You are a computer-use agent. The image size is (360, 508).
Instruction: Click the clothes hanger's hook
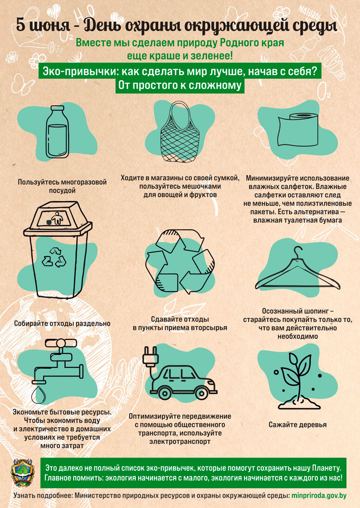point(298,253)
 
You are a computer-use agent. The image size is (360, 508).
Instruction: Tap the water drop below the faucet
point(38,394)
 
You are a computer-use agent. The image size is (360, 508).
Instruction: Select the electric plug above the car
point(151,356)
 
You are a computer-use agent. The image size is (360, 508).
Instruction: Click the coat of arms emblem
point(22,472)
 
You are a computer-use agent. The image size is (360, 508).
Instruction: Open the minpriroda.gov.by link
point(319,496)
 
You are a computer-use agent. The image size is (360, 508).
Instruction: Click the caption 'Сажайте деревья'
point(297,425)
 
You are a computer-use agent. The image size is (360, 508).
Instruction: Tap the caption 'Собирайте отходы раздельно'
point(62,323)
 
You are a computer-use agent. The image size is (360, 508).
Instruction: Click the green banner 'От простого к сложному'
point(180,85)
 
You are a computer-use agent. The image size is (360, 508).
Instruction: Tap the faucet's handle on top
point(61,343)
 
